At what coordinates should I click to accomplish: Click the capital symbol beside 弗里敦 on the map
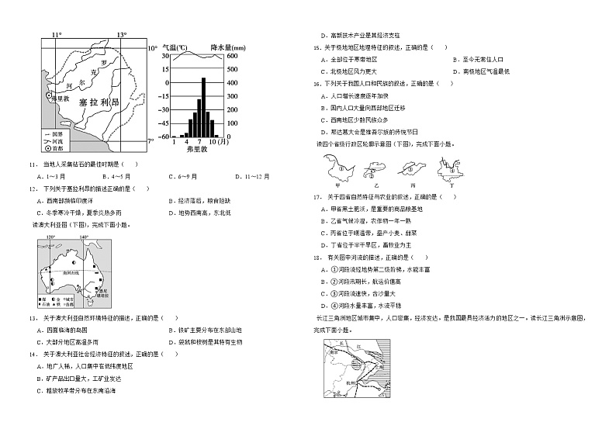[x=49, y=96]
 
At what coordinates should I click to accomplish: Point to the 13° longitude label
[x=122, y=36]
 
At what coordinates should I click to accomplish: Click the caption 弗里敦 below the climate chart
[x=197, y=150]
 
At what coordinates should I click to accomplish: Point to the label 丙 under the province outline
[x=413, y=185]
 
